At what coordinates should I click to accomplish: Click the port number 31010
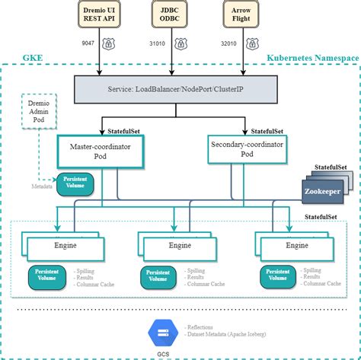coord(159,44)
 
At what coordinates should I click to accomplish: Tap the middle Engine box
coord(180,246)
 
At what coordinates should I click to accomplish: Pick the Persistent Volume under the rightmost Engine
coord(278,276)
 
